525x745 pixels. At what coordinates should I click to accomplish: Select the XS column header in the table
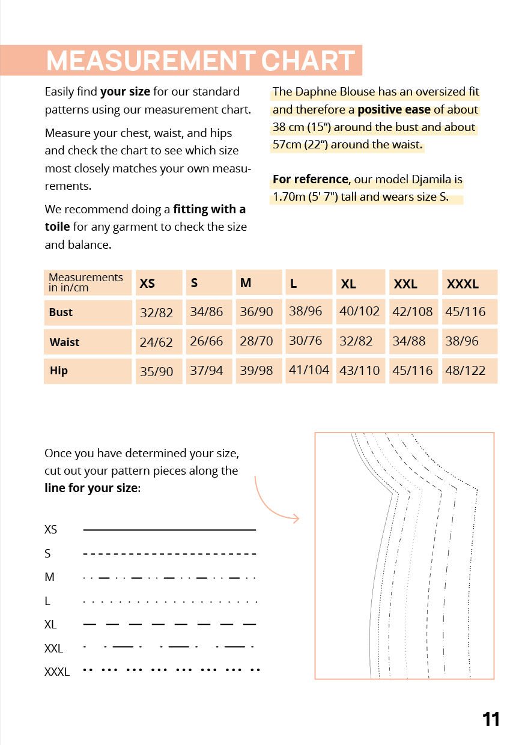[147, 284]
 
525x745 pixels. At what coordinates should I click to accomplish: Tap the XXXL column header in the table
[463, 284]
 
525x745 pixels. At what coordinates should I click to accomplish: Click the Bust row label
[61, 312]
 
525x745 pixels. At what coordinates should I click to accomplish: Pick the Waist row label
[64, 342]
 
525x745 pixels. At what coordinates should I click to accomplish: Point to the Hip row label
[59, 371]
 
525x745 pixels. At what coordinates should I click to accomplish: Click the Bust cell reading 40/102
[359, 311]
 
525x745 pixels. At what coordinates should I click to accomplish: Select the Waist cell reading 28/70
[256, 341]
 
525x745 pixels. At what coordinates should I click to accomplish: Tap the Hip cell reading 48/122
[465, 371]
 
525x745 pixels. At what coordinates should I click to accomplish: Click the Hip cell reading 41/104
[309, 370]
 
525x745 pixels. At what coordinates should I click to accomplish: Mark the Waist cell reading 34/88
[408, 341]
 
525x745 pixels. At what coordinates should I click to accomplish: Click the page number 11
[491, 719]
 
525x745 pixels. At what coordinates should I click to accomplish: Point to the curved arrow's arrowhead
[296, 518]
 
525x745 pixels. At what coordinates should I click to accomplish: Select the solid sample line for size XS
[169, 530]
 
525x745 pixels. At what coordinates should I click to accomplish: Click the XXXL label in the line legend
[57, 672]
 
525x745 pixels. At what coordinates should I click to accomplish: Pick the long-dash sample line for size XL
[169, 625]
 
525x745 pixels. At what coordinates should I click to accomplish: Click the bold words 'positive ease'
[393, 110]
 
